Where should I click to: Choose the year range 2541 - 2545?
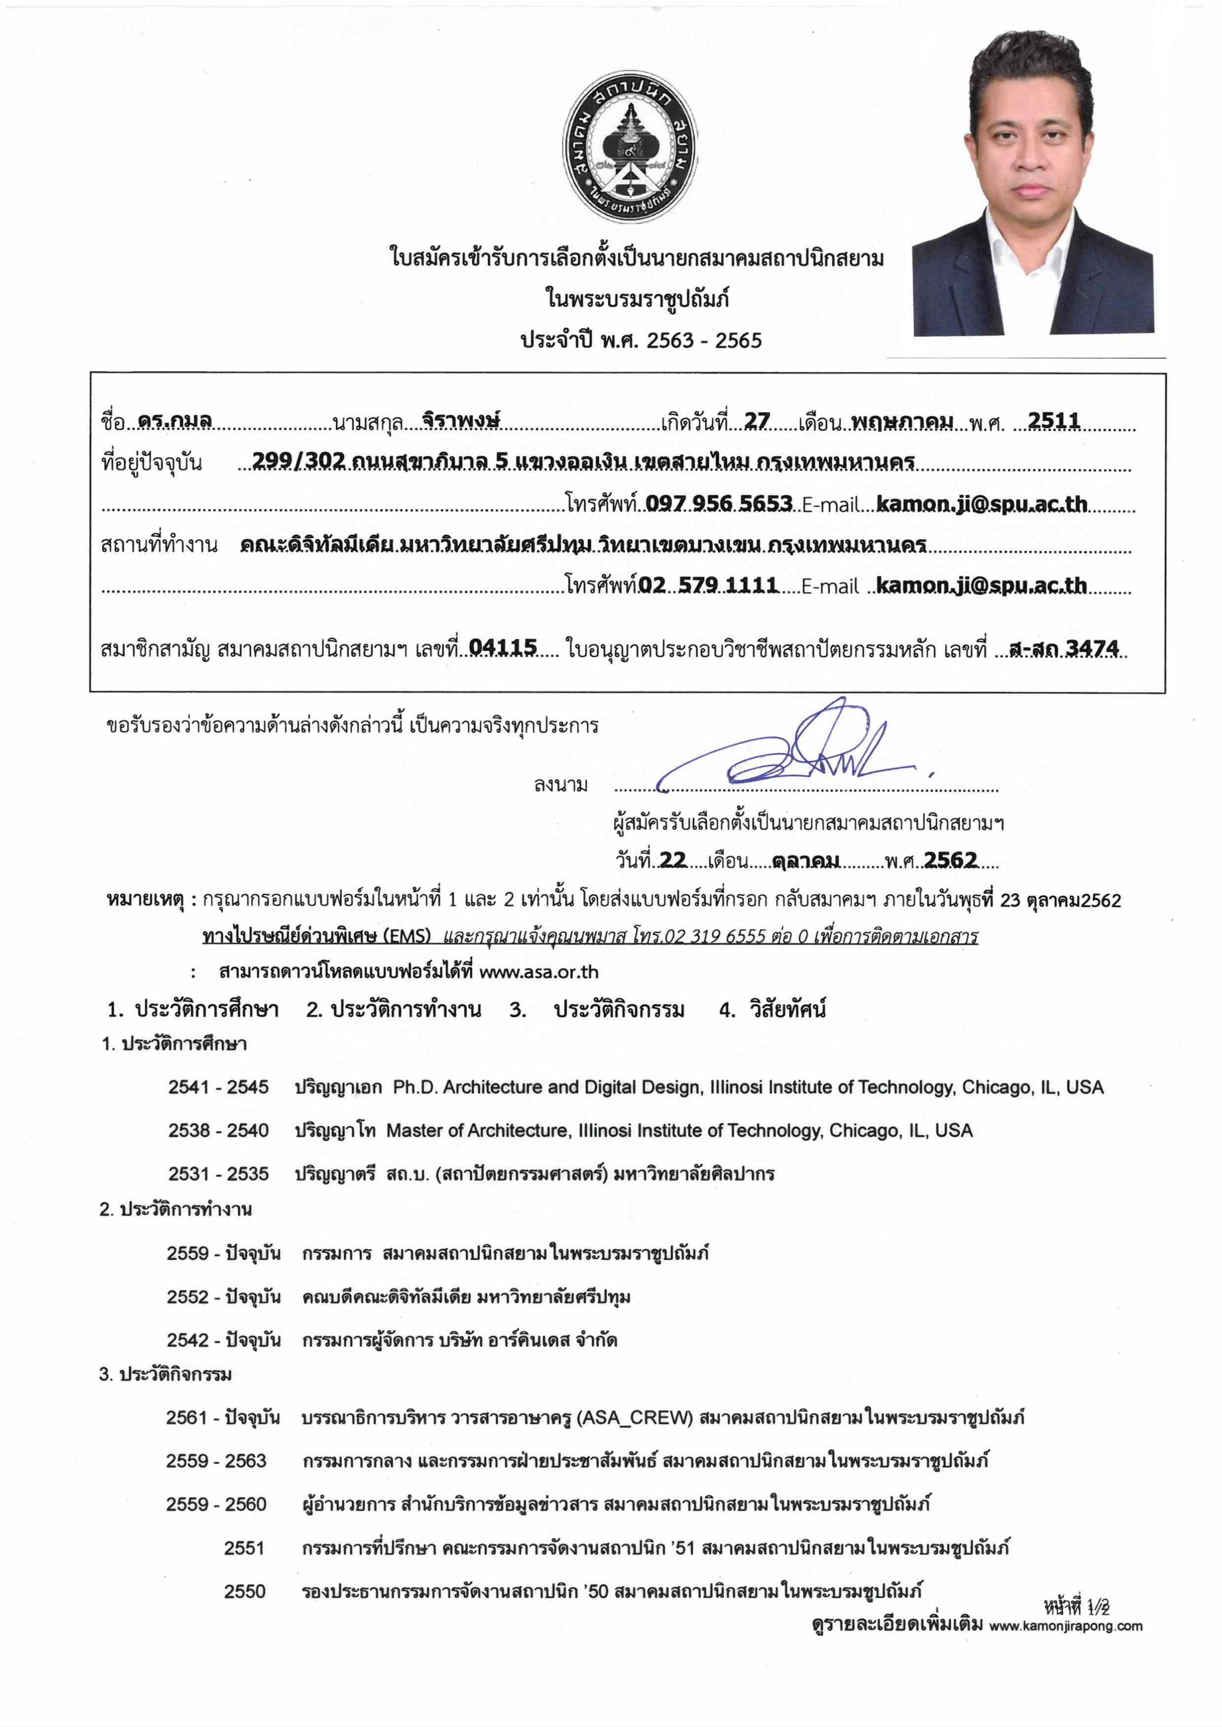pyautogui.click(x=218, y=1087)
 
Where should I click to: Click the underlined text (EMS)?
pyautogui.click(x=407, y=936)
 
